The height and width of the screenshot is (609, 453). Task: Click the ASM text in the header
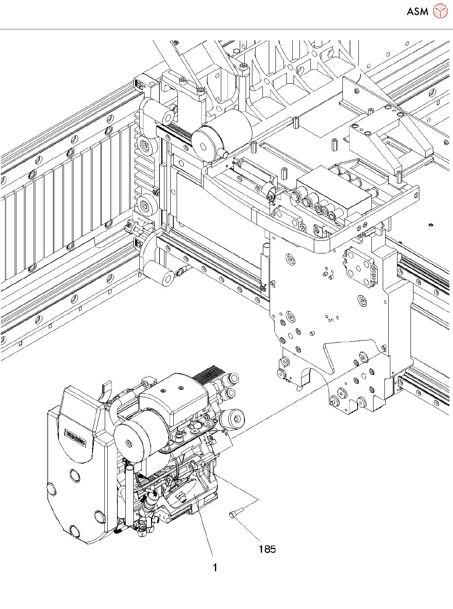click(417, 12)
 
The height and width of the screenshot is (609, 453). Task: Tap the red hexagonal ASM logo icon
click(440, 11)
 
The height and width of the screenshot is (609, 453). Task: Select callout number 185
click(267, 549)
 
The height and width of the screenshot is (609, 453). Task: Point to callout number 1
click(215, 568)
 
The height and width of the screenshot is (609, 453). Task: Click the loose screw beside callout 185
click(236, 514)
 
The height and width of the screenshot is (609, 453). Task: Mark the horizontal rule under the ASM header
click(226, 29)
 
